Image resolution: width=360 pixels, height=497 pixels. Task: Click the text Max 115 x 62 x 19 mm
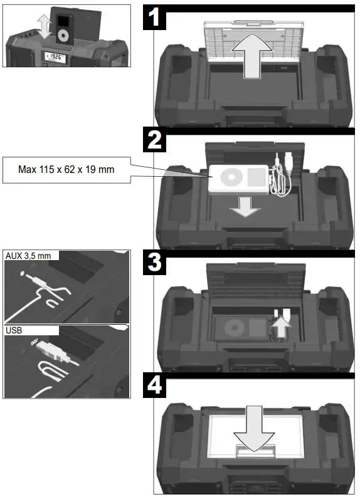[x=66, y=169]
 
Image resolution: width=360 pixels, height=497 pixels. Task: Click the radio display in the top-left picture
[x=56, y=56]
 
